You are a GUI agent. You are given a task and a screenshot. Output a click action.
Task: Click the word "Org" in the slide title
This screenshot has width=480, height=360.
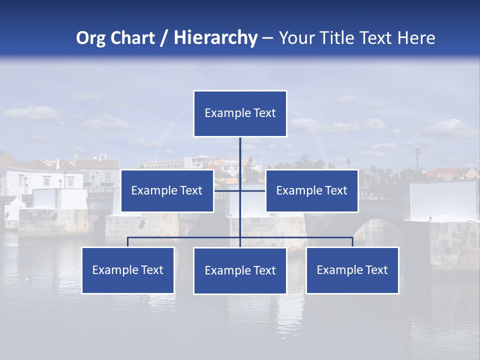(91, 38)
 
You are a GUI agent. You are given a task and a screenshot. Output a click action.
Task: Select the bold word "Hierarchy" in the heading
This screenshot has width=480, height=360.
(215, 38)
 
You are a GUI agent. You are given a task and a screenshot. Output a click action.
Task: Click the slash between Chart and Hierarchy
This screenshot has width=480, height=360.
(164, 38)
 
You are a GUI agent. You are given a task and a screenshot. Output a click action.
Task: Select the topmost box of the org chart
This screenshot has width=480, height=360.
(240, 113)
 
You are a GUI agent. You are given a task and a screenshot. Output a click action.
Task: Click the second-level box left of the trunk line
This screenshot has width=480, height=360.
(167, 190)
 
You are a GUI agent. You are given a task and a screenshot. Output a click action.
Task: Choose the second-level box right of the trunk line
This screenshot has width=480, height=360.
(311, 190)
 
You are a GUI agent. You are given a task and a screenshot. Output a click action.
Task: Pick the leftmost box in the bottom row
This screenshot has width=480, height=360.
(127, 270)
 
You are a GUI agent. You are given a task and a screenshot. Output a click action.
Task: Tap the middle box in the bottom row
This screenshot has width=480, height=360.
(240, 270)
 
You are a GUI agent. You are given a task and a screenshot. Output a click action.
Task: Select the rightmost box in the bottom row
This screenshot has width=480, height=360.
(352, 270)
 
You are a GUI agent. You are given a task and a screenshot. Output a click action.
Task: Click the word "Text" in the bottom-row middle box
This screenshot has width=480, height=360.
(264, 271)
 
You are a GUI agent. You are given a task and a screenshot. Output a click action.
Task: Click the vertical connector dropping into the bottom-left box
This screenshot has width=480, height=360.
(127, 242)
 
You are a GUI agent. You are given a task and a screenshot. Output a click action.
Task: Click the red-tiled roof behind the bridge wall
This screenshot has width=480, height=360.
(445, 171)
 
